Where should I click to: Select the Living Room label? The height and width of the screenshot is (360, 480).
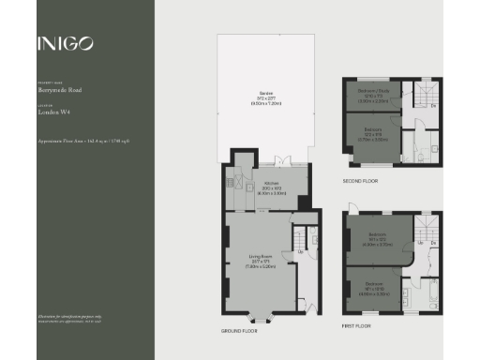[260, 260]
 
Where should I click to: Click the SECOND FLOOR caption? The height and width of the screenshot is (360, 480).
[361, 180]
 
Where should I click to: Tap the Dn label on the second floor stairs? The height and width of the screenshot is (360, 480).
[432, 106]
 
